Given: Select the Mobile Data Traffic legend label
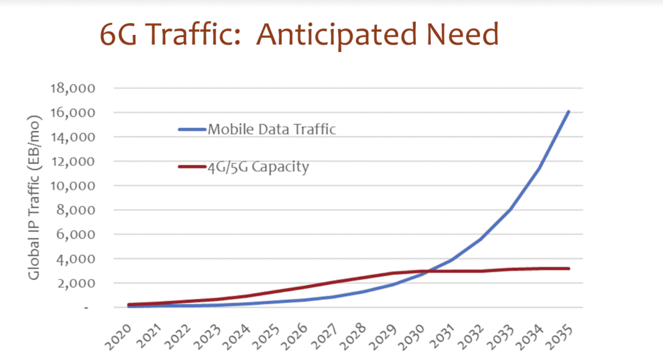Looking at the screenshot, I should (272, 130).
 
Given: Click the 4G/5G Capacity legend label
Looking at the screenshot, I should (258, 167).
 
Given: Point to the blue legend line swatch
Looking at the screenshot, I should (192, 130).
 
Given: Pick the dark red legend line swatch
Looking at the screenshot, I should (192, 167).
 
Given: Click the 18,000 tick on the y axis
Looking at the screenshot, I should (70, 88).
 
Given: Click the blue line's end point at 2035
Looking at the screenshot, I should (569, 112).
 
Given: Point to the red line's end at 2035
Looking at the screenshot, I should (569, 269).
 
